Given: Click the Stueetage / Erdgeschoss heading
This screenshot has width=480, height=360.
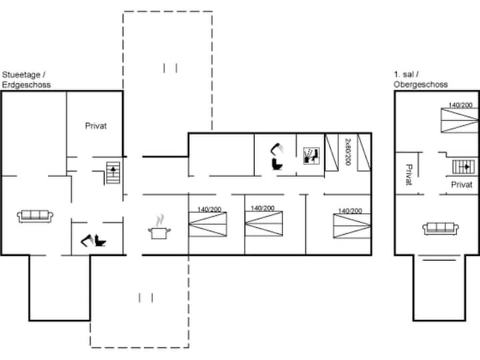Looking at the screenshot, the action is pos(26,79).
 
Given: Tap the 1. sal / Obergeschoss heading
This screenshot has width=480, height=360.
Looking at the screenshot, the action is pos(421,79).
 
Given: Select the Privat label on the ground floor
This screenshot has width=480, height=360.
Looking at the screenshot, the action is pos(96,126).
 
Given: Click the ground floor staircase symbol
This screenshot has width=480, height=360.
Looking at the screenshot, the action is pos(113,173).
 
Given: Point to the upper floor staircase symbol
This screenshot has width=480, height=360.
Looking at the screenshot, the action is pos(463,167).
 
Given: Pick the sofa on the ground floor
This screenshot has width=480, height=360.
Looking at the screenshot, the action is pos(35,216).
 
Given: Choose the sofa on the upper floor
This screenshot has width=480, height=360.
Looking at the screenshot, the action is pos(441,229).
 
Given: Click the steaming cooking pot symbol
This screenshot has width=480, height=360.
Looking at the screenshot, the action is pos(159,227).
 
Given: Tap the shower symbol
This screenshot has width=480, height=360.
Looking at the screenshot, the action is pos(311,156).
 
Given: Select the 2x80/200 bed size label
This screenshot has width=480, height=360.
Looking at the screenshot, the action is pos(348,152).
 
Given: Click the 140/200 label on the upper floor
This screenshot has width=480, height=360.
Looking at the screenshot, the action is pos(461,105).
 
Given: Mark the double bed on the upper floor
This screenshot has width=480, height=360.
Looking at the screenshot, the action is pos(459,120).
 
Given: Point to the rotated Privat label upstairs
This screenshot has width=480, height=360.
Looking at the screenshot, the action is pos(409,175).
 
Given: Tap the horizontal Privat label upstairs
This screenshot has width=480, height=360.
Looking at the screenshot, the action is pos(461,185).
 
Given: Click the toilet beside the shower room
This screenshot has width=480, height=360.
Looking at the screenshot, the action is pos(277,165).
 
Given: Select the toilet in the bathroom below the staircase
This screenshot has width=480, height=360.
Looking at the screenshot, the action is pos(100,241).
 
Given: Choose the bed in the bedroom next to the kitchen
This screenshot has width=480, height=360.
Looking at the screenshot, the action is pos(208,225).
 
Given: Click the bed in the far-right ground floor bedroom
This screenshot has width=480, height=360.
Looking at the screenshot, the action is pos(352,226).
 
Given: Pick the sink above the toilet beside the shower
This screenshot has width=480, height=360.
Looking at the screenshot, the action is pos(277,149).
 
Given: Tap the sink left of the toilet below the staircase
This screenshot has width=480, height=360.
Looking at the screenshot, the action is pos(87,240).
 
